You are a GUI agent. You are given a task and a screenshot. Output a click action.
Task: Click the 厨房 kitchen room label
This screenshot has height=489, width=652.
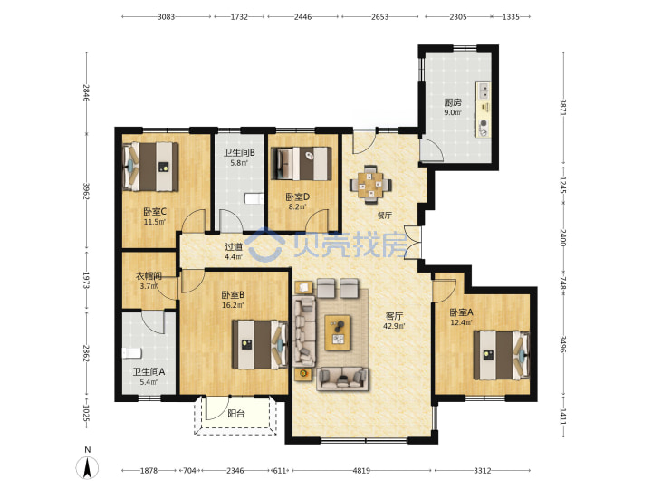[453, 102]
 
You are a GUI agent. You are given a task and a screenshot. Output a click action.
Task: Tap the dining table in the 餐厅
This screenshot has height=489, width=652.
[370, 185]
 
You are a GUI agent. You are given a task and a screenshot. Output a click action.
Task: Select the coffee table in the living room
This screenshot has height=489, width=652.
[337, 332]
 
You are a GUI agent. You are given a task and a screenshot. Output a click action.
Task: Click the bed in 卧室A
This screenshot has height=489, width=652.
[502, 355]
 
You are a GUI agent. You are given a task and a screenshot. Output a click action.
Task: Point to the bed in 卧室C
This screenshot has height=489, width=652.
[151, 167]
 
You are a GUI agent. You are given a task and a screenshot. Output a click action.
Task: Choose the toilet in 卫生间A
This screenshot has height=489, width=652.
[132, 353]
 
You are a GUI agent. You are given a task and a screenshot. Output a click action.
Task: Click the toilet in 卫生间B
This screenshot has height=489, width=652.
[254, 198]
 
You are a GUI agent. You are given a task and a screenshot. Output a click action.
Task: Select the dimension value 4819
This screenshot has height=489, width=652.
[361, 470]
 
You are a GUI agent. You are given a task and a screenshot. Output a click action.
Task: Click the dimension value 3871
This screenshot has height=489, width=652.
[562, 107]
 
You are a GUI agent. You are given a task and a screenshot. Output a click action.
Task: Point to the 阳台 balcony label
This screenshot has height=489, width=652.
[236, 413]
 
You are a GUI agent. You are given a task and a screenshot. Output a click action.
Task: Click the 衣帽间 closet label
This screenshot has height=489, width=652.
[149, 275]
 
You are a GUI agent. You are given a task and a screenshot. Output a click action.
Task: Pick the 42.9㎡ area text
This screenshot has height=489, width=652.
[393, 326]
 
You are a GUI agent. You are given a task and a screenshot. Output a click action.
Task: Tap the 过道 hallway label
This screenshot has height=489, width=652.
[234, 247]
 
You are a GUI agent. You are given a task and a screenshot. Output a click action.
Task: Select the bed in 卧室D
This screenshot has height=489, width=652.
[302, 163]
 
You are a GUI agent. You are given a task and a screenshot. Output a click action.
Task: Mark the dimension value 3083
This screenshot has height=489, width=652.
[166, 17]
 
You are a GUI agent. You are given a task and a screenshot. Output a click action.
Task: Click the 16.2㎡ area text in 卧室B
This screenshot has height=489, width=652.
[233, 305]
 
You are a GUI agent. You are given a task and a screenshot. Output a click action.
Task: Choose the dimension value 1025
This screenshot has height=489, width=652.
[86, 413]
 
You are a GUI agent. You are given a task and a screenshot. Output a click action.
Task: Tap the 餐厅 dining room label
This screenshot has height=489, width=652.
[384, 216]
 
